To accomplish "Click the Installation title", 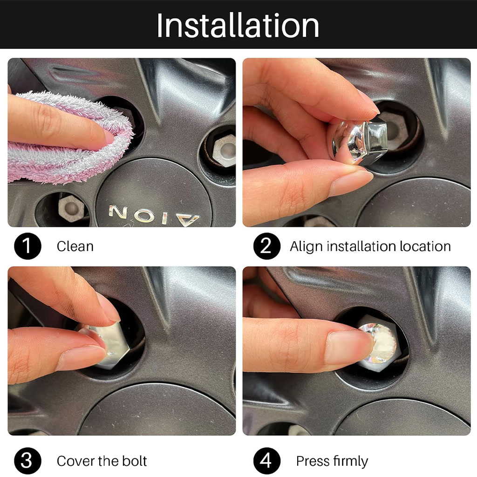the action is pos(238,25).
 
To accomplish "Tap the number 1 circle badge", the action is pos(27,246).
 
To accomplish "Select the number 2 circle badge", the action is pos(267,246).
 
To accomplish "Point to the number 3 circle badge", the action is pos(27,461).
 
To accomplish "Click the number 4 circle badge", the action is pos(267,461).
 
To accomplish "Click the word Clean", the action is pos(75,246).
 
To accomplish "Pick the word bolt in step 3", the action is pos(135,461).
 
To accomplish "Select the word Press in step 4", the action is pos(313,461).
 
